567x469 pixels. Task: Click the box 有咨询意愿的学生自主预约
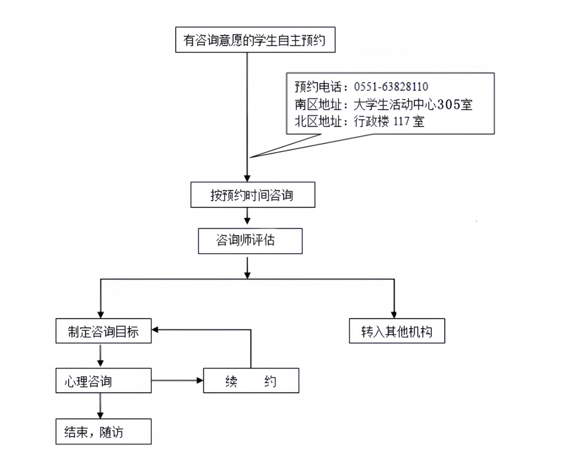[x=255, y=40]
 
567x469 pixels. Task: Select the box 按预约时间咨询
[x=252, y=195]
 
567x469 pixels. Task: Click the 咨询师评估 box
[x=250, y=241]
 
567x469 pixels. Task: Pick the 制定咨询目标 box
[x=103, y=331]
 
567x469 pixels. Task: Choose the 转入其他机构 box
[x=397, y=331]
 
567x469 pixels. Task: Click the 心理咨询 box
[x=103, y=381]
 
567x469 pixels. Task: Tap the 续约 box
[x=251, y=381]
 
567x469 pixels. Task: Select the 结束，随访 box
[x=103, y=432]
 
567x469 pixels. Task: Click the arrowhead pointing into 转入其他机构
[x=394, y=314]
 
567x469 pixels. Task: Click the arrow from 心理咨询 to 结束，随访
[x=100, y=406]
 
